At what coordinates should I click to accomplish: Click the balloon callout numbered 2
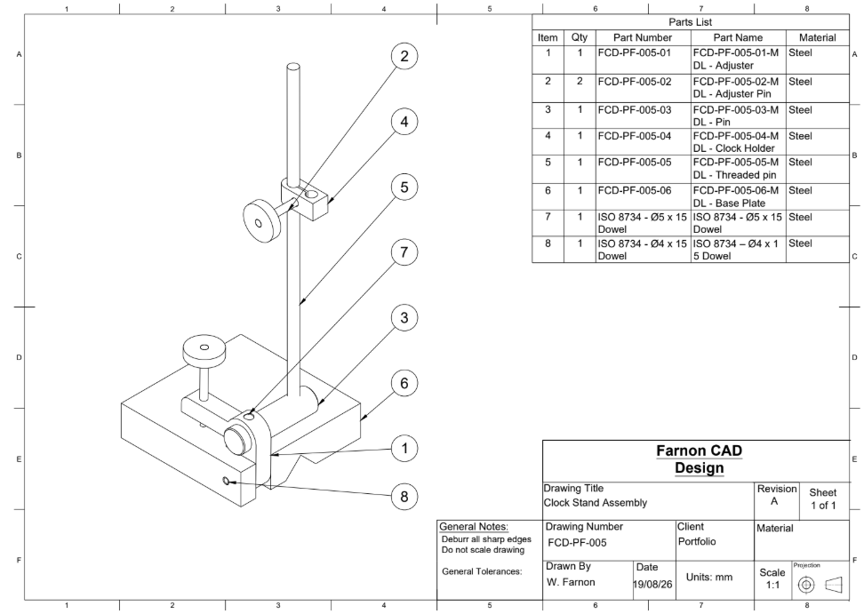point(404,56)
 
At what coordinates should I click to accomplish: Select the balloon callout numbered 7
point(404,252)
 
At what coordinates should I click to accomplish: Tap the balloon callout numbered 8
point(404,497)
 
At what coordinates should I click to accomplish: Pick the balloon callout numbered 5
point(404,187)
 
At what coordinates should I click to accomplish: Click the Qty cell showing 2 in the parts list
point(580,82)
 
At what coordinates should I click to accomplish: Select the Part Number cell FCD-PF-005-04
point(635,136)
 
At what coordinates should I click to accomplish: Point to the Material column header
point(818,37)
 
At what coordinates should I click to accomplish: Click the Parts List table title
point(691,22)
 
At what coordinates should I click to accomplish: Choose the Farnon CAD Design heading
point(700,459)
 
